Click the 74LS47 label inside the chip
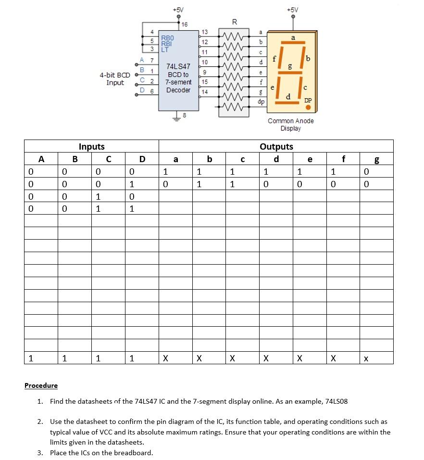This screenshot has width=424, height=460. (x=178, y=66)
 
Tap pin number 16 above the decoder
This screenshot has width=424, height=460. (x=185, y=24)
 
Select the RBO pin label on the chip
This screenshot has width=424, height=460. (x=167, y=37)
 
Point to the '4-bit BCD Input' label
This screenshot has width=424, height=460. (x=115, y=79)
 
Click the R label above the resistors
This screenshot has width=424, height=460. (x=234, y=22)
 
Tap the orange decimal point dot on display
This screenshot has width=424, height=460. (x=308, y=107)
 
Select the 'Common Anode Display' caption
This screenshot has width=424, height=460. (x=291, y=125)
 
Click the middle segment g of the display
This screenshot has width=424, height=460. (x=289, y=72)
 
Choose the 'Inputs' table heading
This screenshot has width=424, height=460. (x=91, y=146)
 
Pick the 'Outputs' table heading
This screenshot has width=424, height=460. (x=276, y=146)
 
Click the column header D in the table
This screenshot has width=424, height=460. (x=142, y=159)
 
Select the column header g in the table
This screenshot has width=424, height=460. (x=376, y=160)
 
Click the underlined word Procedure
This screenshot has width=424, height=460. (x=41, y=385)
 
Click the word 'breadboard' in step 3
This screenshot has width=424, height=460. (x=133, y=453)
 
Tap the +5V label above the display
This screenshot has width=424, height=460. (x=292, y=10)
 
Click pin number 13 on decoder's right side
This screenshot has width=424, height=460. (x=204, y=32)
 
